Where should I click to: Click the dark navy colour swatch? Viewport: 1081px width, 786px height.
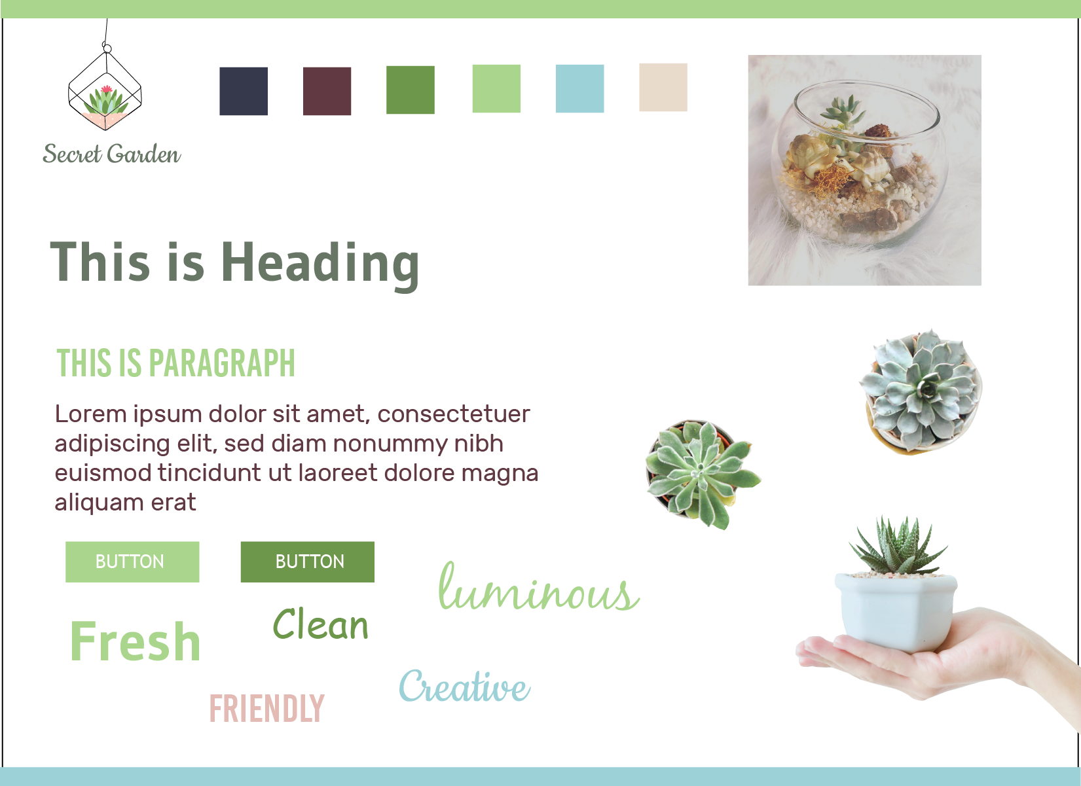click(243, 91)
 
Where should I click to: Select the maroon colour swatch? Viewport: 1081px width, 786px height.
click(327, 91)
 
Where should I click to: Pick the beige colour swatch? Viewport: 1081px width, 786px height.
click(663, 87)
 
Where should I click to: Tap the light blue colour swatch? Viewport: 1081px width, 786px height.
click(579, 88)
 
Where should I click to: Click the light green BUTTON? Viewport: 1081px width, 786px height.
click(132, 562)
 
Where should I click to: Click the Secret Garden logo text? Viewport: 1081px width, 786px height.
click(111, 153)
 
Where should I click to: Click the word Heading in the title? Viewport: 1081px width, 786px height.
click(320, 264)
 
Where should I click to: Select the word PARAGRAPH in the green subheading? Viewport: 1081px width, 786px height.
click(221, 363)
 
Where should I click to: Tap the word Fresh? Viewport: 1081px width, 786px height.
click(136, 641)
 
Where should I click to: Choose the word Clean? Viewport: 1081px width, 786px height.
click(320, 624)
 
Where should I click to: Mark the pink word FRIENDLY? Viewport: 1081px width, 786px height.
click(267, 708)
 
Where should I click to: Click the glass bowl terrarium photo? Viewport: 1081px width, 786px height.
click(865, 170)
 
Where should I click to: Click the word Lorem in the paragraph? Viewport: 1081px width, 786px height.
click(91, 414)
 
